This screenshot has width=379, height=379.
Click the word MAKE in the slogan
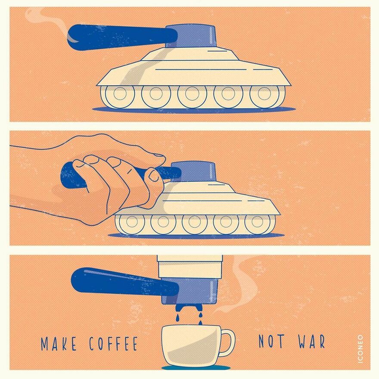(x=59, y=344)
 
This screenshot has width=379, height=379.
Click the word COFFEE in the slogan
(x=113, y=344)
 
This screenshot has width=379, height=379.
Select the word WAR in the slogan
(x=311, y=341)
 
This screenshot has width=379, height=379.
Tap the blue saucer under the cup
(x=196, y=367)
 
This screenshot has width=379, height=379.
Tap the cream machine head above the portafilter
(x=189, y=266)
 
